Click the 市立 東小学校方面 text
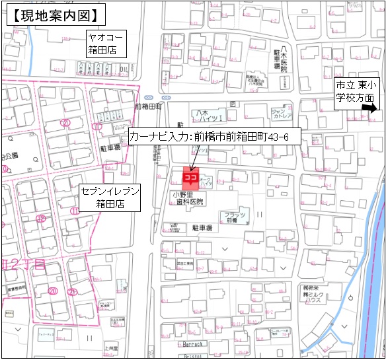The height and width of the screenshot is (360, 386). coord(354,91)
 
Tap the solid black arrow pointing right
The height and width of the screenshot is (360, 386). coord(370,108)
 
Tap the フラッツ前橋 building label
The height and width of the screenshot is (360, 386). coord(236,217)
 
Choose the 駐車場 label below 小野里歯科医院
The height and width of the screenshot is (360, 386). coord(202,227)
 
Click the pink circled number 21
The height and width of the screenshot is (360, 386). coord(73,292)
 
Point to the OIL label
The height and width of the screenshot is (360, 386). coord(124,67)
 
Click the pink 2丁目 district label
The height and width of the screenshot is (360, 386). coord(25,264)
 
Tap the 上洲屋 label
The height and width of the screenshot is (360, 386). coord(111,347)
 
